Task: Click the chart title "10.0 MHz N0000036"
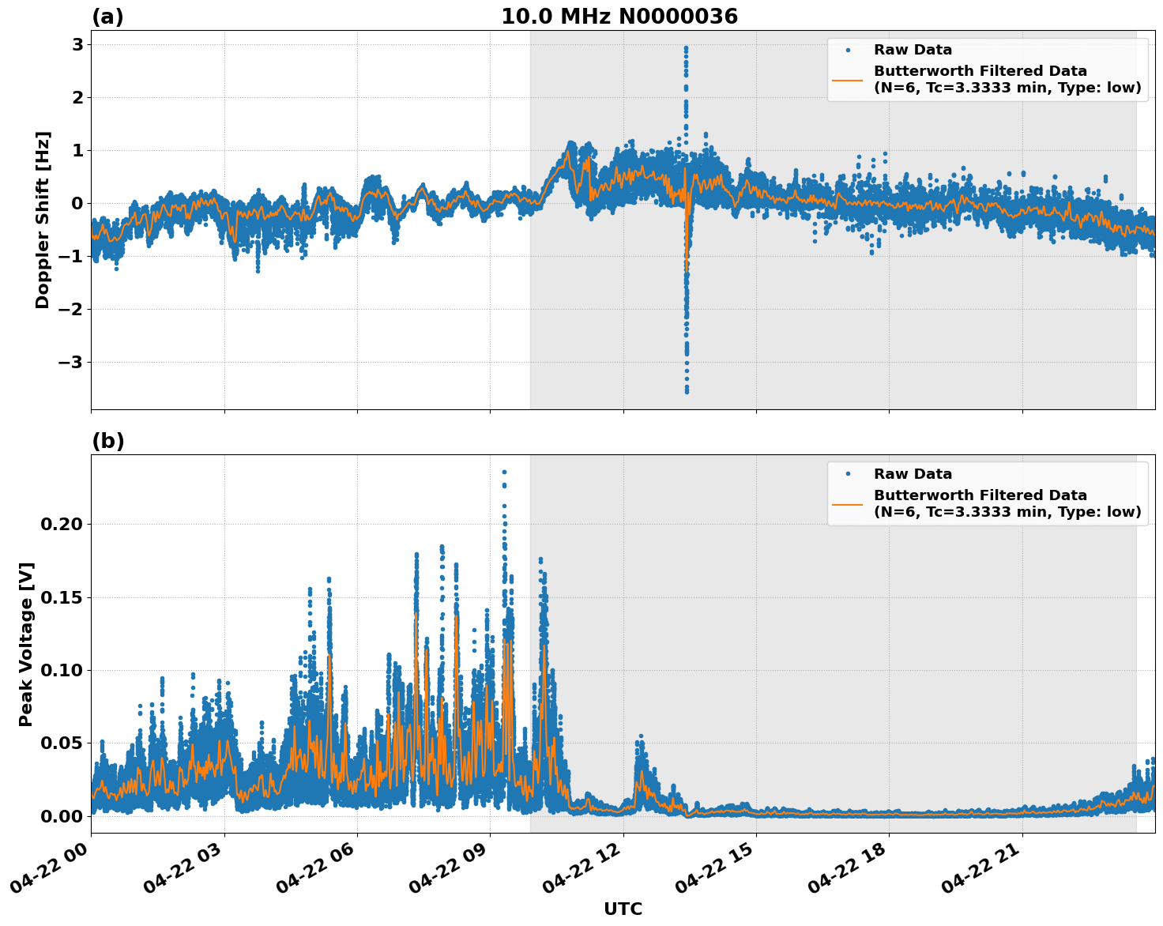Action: tap(619, 17)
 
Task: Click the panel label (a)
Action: tap(107, 17)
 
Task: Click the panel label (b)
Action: tap(107, 441)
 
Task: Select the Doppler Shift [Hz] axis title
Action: tap(43, 220)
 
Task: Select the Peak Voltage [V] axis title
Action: tap(26, 644)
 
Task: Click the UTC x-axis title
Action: tap(623, 909)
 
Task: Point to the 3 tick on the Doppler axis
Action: tap(77, 45)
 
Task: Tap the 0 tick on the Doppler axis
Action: tap(77, 204)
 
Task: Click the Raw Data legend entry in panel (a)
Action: tap(913, 51)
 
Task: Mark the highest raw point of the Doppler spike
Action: tap(686, 47)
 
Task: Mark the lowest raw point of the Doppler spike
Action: tap(687, 391)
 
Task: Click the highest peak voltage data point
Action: tap(504, 472)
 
